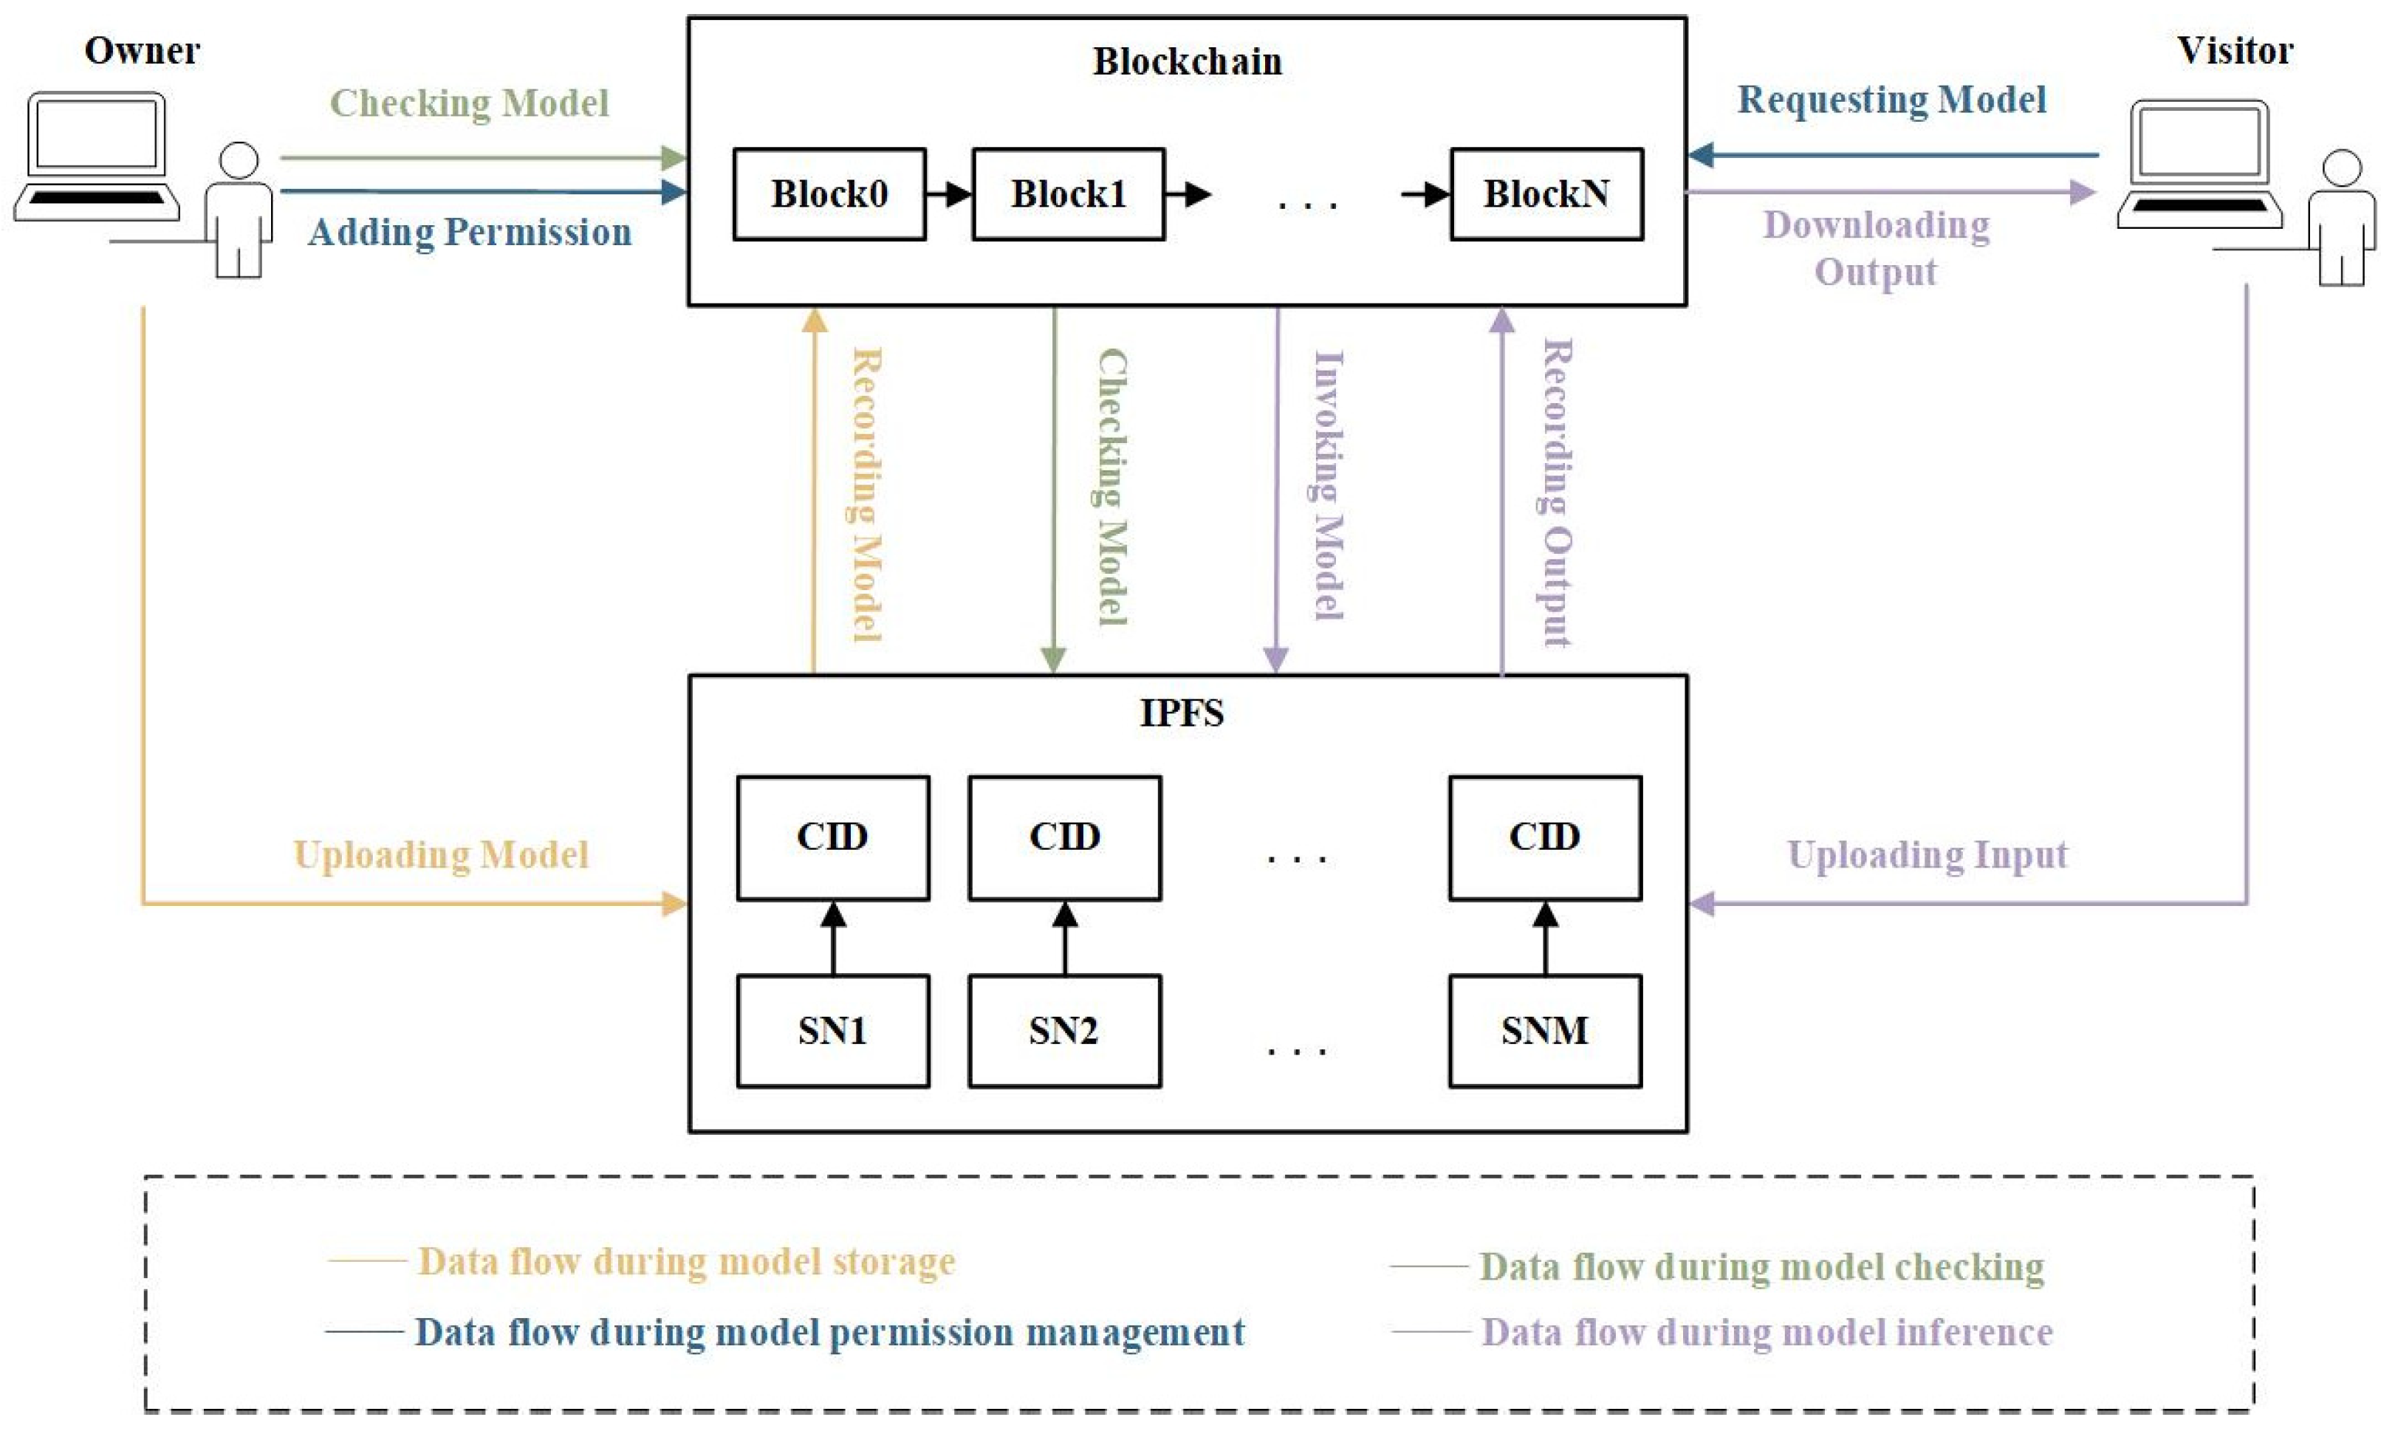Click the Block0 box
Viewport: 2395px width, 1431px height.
coord(829,193)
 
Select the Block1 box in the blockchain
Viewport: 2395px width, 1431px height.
coord(1069,193)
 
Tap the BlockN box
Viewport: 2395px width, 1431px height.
coord(1546,193)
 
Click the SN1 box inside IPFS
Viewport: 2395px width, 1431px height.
coord(833,1031)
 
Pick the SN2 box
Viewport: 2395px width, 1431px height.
coord(1064,1031)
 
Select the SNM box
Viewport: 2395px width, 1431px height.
coord(1545,1031)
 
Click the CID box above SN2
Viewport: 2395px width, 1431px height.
coord(1064,837)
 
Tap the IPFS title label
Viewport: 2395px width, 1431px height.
coord(1182,713)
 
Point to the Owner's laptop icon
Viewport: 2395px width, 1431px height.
coord(97,154)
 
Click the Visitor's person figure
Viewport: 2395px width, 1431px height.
coord(2341,220)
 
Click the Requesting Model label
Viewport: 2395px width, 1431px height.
coord(1891,100)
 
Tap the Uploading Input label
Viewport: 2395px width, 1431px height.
coord(1928,854)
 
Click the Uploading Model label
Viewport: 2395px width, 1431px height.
coord(441,854)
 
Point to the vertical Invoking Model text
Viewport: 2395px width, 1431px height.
coord(1329,485)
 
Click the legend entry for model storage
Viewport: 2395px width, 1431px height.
coord(685,1261)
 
